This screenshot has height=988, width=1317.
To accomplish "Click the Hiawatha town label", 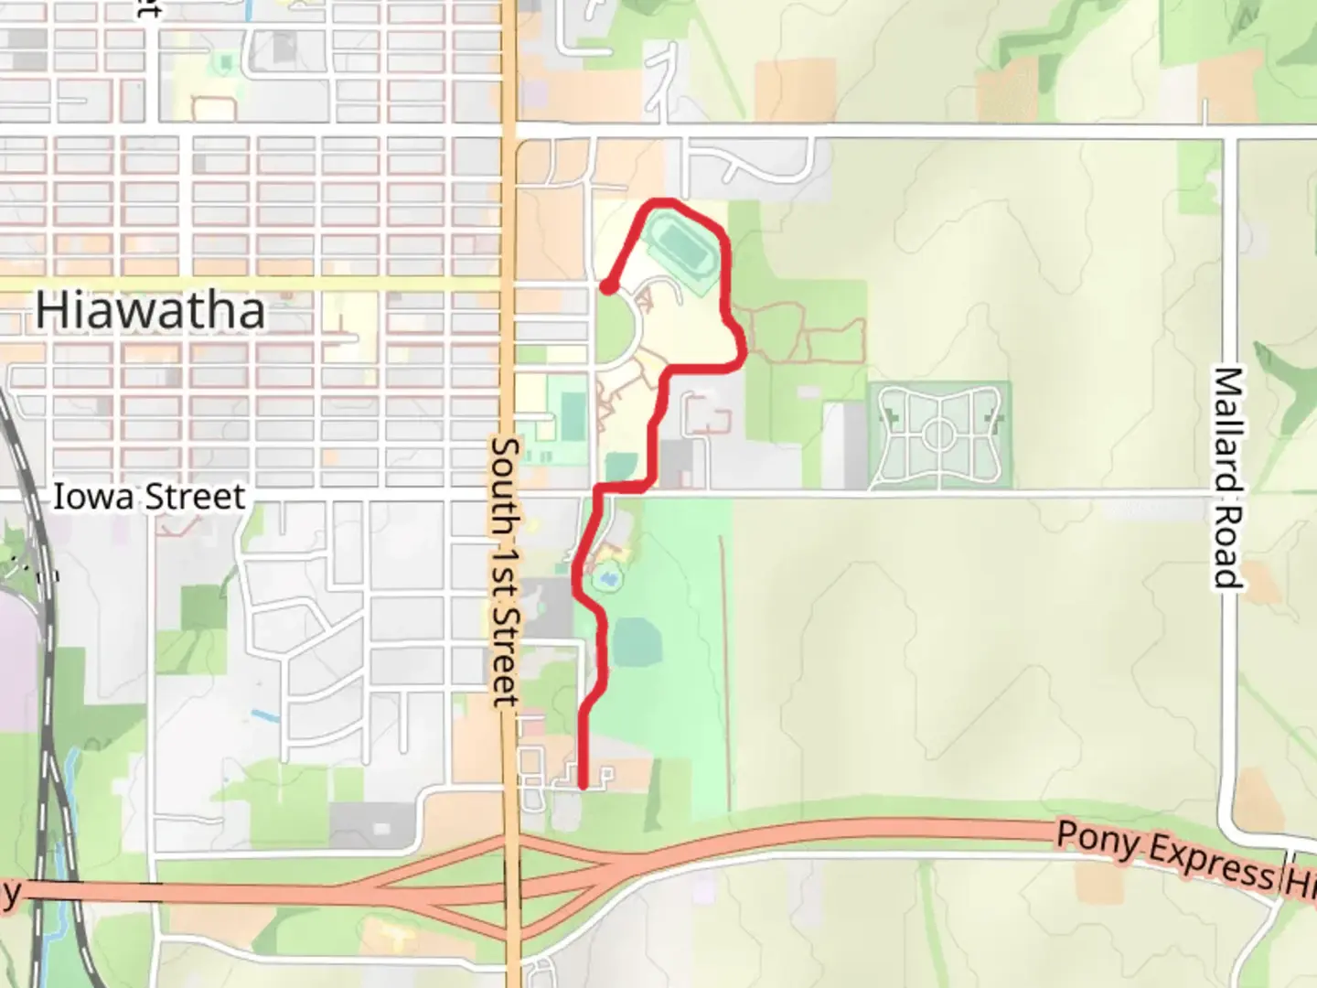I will tap(150, 310).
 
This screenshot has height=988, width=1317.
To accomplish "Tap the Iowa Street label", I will tap(149, 497).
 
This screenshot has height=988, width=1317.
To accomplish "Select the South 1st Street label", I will tap(505, 571).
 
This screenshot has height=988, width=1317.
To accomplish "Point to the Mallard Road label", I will tap(1228, 477).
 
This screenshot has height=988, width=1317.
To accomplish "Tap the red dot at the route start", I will tap(607, 287).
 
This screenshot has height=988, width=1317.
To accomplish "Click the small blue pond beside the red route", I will tap(605, 579).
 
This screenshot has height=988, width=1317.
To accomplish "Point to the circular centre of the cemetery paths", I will tap(938, 435).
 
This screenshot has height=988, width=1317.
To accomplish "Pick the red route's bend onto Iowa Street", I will tap(599, 490).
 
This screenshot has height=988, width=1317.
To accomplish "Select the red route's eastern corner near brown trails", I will tap(743, 352).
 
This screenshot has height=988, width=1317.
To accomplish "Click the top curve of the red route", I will tap(663, 200).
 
